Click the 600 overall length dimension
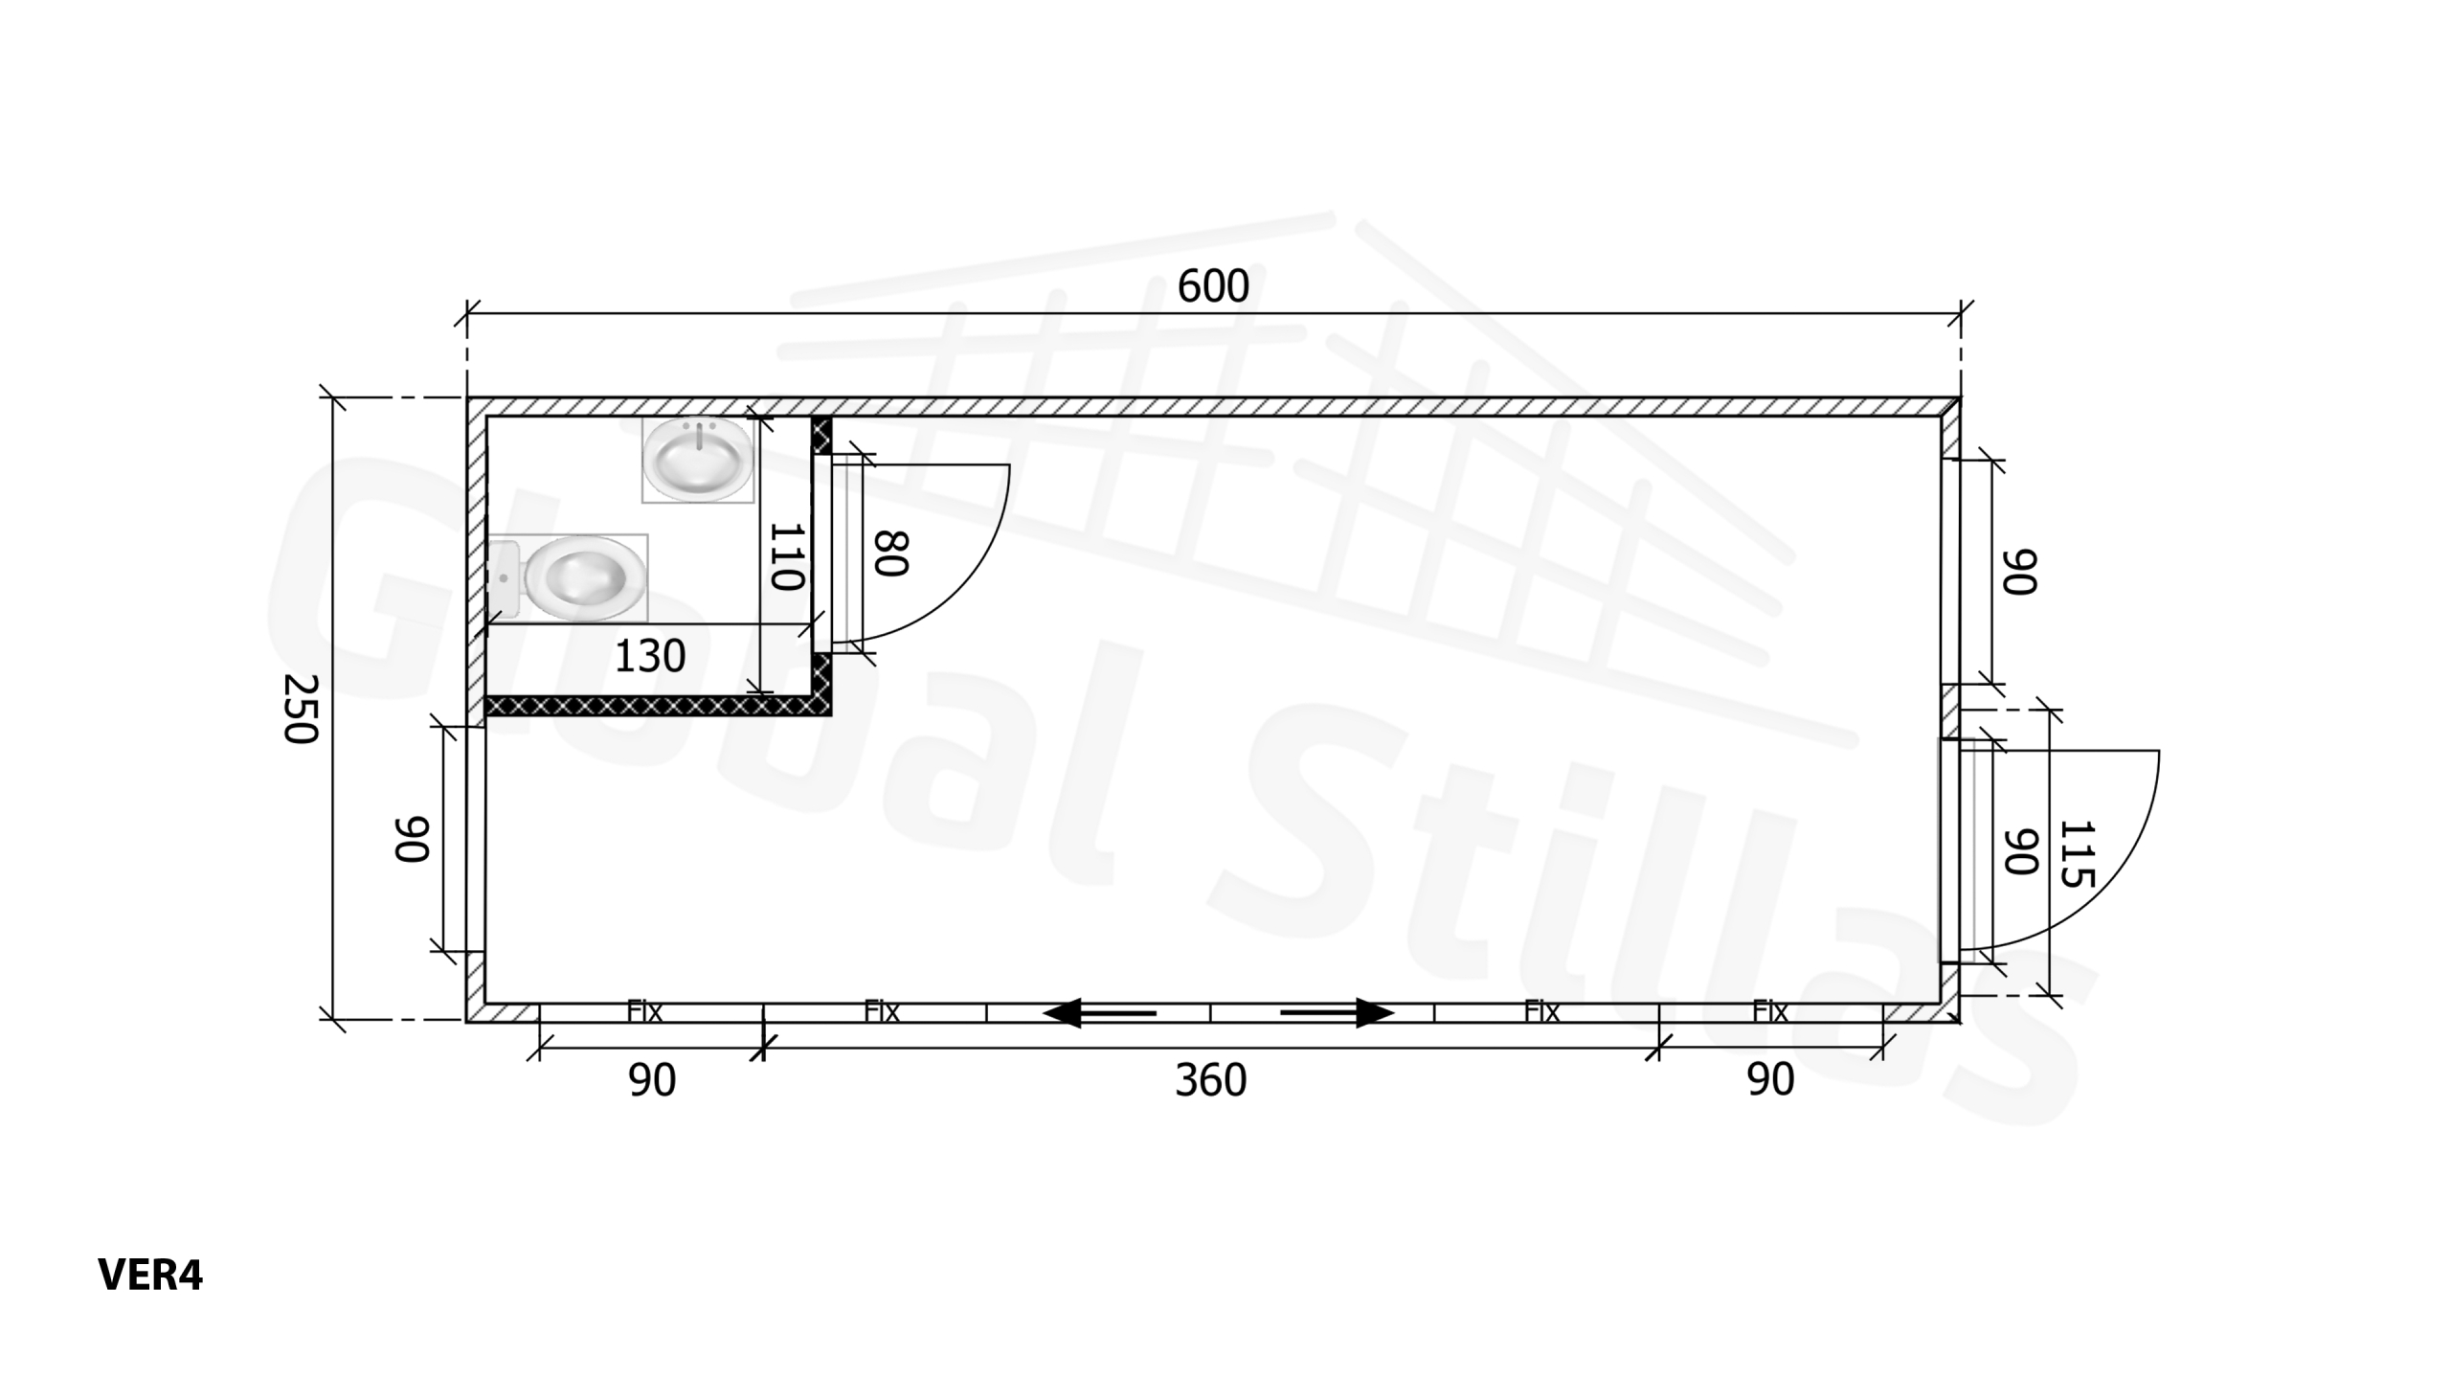tap(1213, 286)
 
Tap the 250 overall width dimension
tap(301, 709)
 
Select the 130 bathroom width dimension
tap(650, 657)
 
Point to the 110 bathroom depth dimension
tap(786, 556)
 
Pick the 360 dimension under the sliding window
tap(1211, 1081)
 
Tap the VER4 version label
tap(150, 1276)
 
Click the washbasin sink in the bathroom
tap(697, 460)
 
